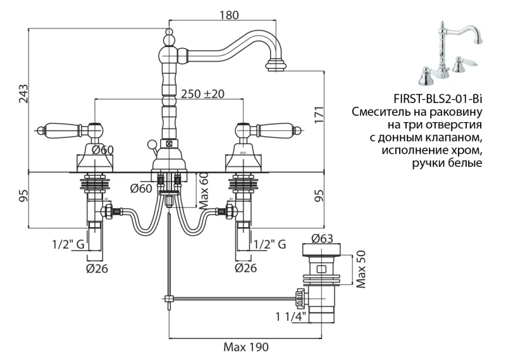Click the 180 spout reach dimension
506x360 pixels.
pos(231,16)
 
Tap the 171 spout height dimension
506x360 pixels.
pos(320,115)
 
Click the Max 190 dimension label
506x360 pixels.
pos(247,347)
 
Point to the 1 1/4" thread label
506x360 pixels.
pos(290,316)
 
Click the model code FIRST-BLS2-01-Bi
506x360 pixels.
pos(437,98)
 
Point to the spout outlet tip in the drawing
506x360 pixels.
pos(277,66)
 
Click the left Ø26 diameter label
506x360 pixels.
pos(97,268)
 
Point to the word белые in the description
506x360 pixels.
pos(467,163)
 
